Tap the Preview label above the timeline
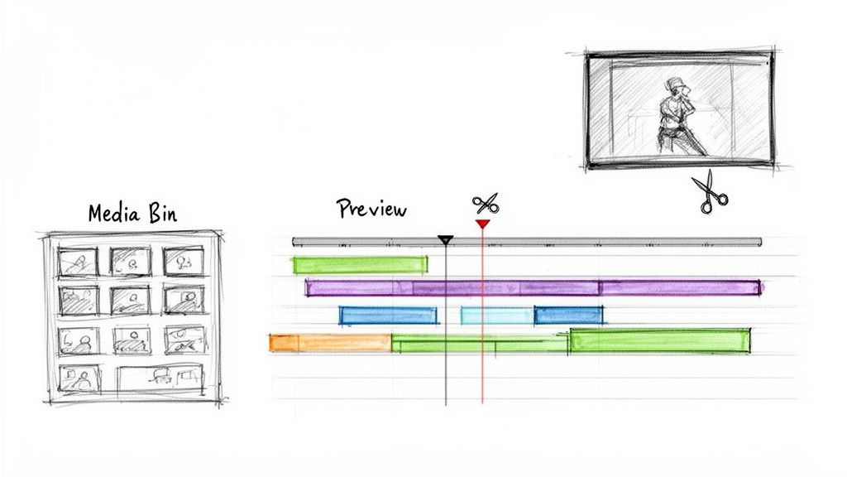click(371, 209)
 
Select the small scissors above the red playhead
click(486, 203)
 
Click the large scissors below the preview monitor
click(710, 192)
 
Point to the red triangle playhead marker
click(482, 224)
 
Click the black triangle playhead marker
click(446, 240)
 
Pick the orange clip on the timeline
click(330, 342)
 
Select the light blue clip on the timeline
click(496, 315)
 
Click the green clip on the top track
click(360, 265)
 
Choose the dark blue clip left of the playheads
click(388, 315)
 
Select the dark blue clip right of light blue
click(568, 315)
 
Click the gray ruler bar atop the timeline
click(579, 242)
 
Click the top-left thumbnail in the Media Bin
click(77, 263)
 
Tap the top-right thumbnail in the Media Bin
click(183, 261)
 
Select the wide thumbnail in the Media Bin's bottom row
click(160, 378)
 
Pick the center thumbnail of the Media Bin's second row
click(131, 299)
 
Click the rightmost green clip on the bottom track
click(660, 340)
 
